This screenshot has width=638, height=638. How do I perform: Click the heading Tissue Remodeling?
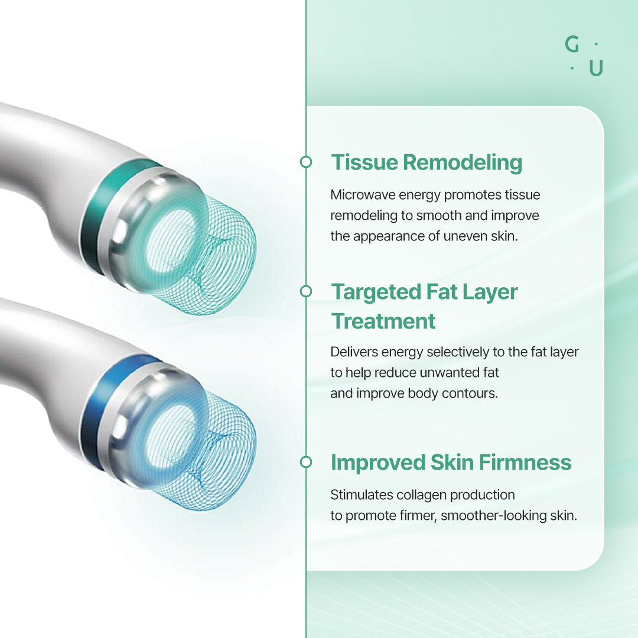427,163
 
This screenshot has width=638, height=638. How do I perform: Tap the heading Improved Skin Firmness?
451,463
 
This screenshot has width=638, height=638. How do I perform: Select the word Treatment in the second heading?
383,321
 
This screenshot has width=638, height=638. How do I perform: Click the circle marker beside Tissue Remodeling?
306,162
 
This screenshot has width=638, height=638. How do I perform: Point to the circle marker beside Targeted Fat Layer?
306,291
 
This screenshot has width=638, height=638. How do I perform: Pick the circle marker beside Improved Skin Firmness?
306,462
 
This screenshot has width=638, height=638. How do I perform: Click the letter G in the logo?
572,44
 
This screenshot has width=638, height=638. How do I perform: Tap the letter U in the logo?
596,68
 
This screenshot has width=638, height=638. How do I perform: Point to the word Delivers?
354,352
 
